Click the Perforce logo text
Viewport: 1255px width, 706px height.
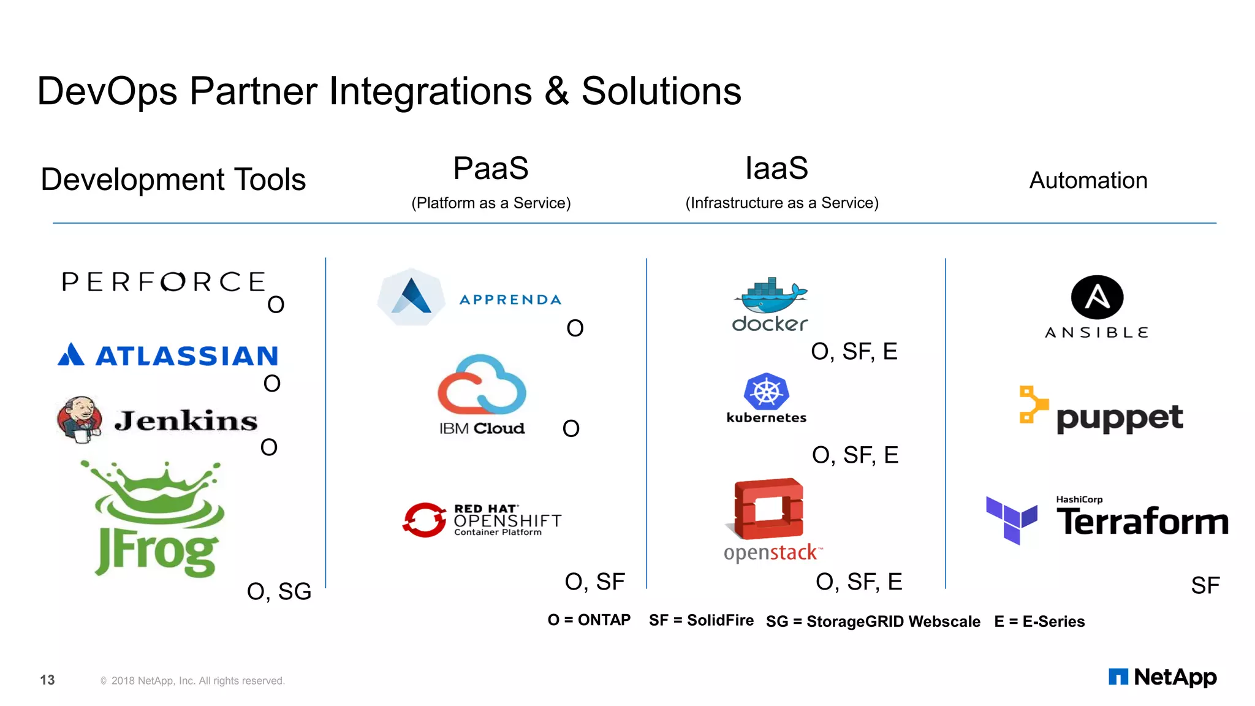(163, 282)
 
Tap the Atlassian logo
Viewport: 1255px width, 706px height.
(168, 355)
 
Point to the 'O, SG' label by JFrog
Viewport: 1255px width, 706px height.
(279, 591)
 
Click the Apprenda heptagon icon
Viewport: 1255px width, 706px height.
(411, 297)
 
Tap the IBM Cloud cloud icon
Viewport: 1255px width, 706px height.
(482, 385)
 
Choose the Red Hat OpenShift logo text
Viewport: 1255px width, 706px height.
(507, 520)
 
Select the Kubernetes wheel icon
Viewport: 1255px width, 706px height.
(766, 392)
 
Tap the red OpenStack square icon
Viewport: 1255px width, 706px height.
(768, 509)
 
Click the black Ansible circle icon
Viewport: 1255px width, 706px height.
(1097, 297)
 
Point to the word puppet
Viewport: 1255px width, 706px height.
(1120, 418)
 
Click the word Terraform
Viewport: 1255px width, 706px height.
(1142, 522)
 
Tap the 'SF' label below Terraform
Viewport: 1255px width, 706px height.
(1205, 585)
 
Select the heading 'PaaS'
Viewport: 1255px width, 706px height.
(491, 168)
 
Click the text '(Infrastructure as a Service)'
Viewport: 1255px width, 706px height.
(782, 203)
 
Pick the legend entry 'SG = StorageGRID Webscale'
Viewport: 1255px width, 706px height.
(873, 621)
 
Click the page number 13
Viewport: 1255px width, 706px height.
(47, 680)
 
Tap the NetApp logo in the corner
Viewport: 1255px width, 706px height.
(1162, 677)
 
